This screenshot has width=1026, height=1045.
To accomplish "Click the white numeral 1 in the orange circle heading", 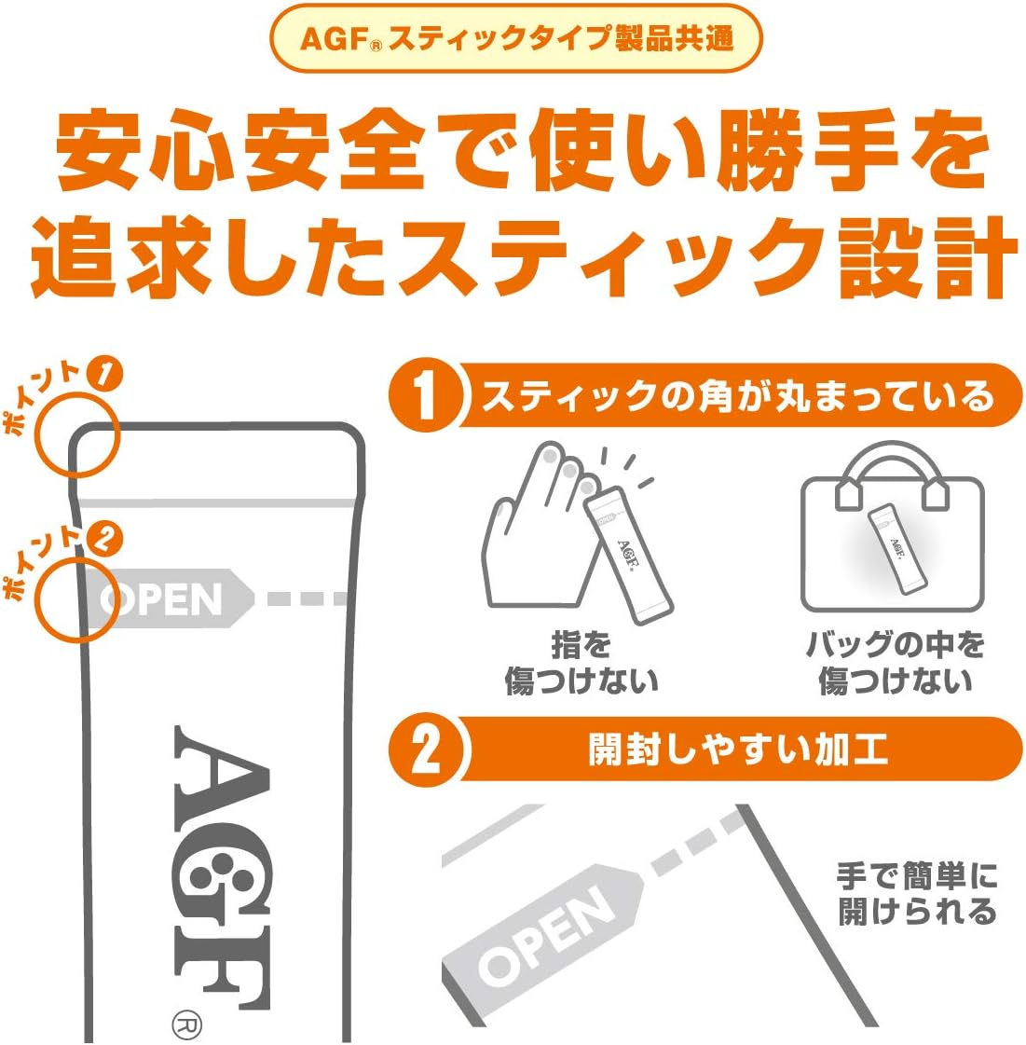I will (x=425, y=396).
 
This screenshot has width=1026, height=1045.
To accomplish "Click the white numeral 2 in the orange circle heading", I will (x=425, y=749).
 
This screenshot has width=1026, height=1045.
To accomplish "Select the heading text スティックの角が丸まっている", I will (x=736, y=397).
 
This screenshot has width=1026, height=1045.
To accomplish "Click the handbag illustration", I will (x=892, y=531).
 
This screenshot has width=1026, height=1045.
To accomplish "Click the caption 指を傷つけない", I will (x=581, y=662).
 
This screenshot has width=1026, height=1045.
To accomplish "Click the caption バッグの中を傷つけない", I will (x=893, y=662).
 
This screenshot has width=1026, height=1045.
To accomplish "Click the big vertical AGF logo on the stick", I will (x=222, y=867).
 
